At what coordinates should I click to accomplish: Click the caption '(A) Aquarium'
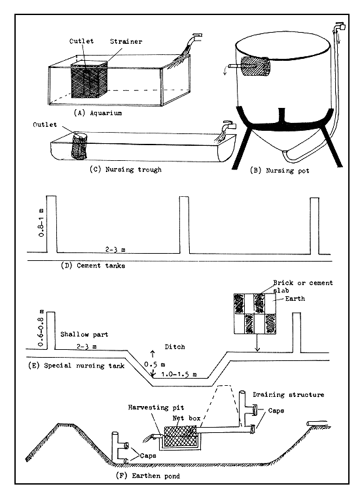pos(108,112)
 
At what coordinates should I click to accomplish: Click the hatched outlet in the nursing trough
pos(79,146)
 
